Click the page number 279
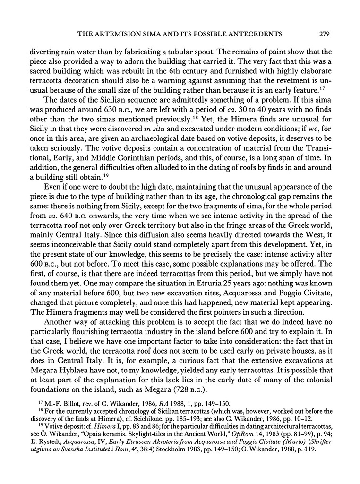(324, 34)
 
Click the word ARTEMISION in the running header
(134, 34)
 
